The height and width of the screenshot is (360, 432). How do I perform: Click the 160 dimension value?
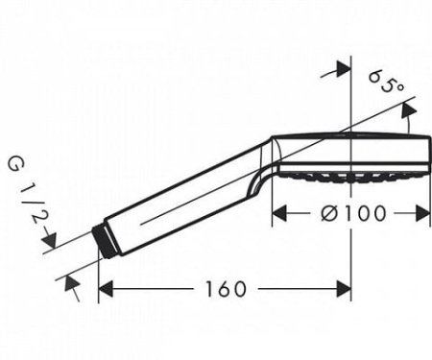pos(226,289)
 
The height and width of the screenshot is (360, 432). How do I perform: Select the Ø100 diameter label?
pos(353,213)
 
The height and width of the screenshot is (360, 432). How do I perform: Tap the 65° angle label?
pos(387,82)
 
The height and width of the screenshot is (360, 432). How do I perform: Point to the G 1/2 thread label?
pos(28,189)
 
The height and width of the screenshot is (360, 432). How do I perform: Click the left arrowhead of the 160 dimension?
pos(106,289)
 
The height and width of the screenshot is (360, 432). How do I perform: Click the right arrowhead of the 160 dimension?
pos(344,289)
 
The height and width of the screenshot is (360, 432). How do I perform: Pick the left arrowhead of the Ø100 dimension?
pos(279,213)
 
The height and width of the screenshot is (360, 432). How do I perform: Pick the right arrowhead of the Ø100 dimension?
pos(422,213)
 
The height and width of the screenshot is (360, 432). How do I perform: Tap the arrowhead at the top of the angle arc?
pos(409,109)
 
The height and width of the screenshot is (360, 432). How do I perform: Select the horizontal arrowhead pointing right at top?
pos(344,68)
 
